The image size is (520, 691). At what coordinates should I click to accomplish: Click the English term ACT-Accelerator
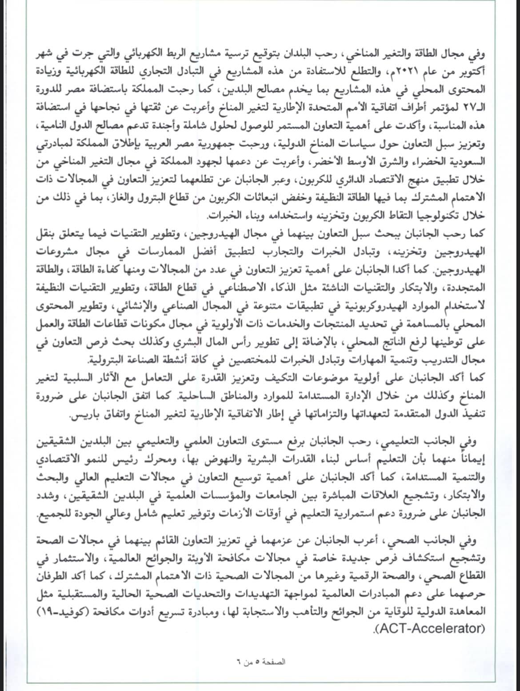[426, 628]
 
